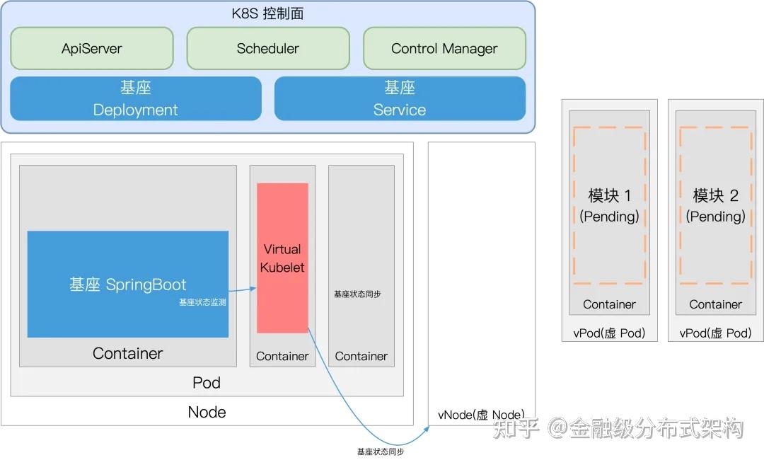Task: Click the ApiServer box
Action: coord(92,49)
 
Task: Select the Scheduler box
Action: coord(267,49)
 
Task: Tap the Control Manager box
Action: coord(444,49)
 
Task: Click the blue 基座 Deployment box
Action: coord(135,98)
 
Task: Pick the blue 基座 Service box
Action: coord(400,98)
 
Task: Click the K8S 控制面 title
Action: coord(268,13)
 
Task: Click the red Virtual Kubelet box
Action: coord(282,258)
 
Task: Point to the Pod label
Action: coord(207,383)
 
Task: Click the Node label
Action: coord(207,412)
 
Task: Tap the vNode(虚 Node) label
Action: coord(481,415)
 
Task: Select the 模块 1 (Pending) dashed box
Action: coord(609,205)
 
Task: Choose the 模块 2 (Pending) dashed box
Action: coord(715,205)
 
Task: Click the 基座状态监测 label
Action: coord(202,302)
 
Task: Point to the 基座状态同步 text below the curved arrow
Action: coord(381,452)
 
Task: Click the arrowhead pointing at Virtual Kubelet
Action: coord(253,289)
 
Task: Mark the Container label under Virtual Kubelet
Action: coord(282,356)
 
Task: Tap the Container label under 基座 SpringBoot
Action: coord(127,353)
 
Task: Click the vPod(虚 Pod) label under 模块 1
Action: coord(609,333)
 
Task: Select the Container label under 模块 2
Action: coord(715,304)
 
